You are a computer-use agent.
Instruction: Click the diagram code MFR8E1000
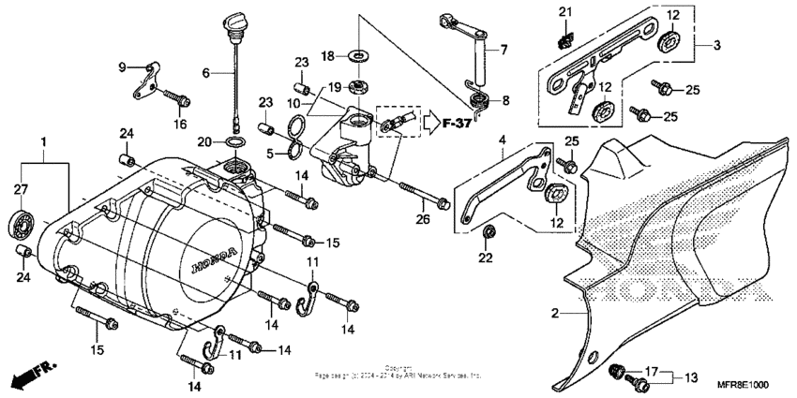pyautogui.click(x=743, y=384)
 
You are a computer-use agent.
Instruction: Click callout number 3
pyautogui.click(x=716, y=45)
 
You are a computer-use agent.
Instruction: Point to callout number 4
pyautogui.click(x=502, y=142)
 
